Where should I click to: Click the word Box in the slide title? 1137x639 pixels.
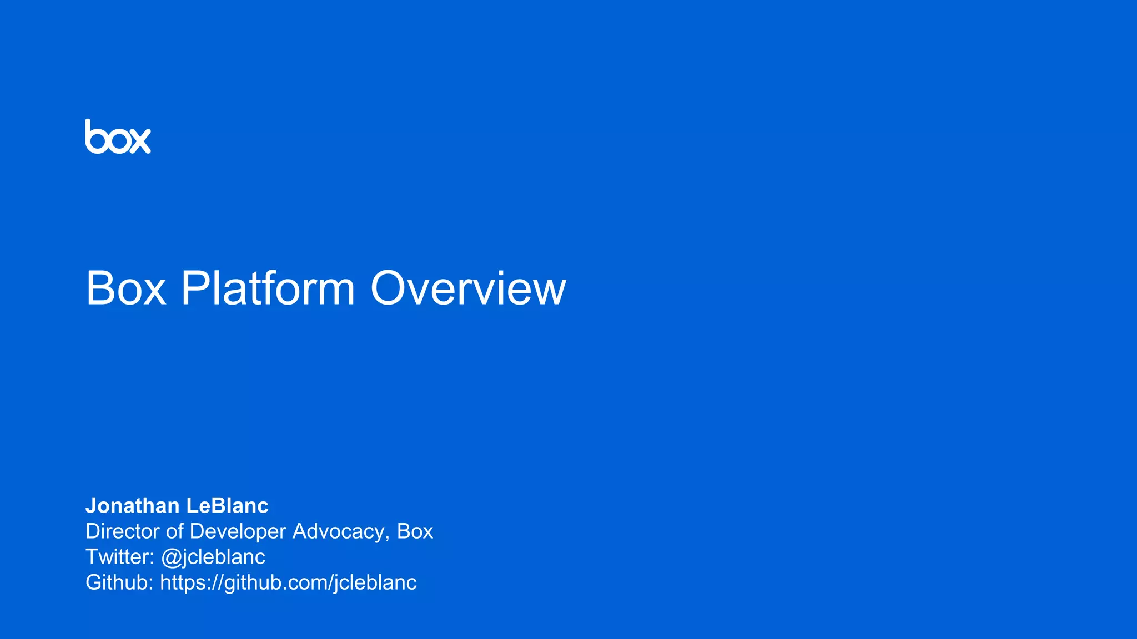point(126,288)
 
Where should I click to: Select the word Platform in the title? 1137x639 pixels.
point(268,288)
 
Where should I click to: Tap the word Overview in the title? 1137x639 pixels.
point(468,288)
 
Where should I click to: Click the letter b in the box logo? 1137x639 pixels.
point(96,137)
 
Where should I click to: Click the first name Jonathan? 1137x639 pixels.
point(133,506)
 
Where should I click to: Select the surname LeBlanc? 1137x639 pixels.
point(227,506)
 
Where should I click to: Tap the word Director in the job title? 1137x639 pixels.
point(123,531)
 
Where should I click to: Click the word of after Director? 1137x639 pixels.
point(174,531)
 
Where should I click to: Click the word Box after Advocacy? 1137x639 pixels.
point(415,531)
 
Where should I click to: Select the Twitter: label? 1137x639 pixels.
point(120,557)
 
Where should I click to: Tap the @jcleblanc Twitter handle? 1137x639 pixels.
point(213,557)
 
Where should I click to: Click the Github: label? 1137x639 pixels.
point(119,582)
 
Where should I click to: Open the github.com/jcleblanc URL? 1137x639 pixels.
point(288,583)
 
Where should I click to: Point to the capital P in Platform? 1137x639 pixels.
point(194,288)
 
